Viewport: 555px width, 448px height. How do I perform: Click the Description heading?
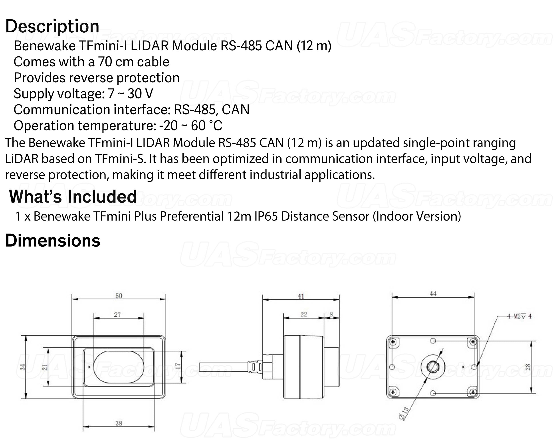point(52,27)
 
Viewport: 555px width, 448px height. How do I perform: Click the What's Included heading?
point(73,196)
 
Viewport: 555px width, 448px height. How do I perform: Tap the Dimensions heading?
point(53,241)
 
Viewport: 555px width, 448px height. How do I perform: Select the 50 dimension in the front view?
point(119,296)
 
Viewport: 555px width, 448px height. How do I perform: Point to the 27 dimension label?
point(117,315)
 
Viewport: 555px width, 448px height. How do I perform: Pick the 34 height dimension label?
point(23,367)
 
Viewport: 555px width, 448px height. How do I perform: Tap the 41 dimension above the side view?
point(301,296)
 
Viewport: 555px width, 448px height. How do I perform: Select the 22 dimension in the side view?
point(304,314)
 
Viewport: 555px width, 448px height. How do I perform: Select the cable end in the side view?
point(200,367)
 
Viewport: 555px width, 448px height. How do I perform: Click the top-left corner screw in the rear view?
point(393,342)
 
